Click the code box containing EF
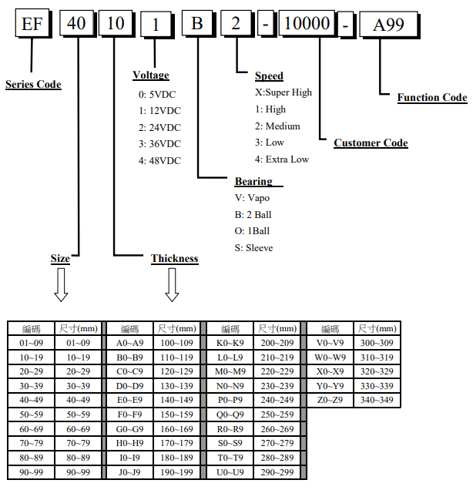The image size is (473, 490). pos(32,23)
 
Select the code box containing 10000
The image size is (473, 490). pos(307,23)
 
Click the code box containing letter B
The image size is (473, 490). pos(196,23)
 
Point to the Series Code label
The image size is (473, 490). pos(33,84)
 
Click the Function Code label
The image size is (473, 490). pos(432,98)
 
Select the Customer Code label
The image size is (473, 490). pos(371,143)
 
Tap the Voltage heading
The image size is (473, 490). pos(151,76)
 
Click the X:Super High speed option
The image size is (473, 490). pos(283,92)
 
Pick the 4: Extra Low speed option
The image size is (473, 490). pos(282,159)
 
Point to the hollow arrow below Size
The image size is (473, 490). pos(61,286)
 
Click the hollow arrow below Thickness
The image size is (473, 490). pos(172,286)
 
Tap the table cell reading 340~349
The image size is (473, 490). pos(377,401)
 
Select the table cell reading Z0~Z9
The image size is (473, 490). pos(330,401)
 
